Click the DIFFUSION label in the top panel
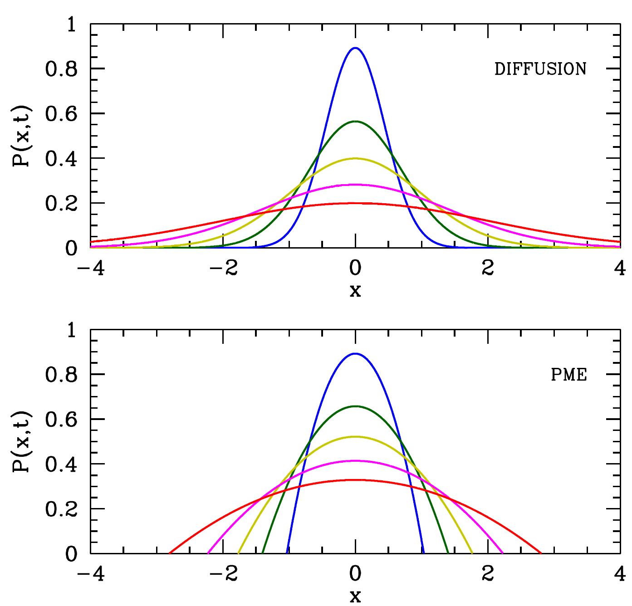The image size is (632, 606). point(540,69)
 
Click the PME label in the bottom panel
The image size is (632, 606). point(569,376)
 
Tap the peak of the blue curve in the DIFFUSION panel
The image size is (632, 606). point(355,48)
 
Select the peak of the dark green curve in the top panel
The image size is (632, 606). point(355,121)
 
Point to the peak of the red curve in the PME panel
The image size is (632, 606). point(355,479)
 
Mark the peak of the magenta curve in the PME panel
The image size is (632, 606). point(355,461)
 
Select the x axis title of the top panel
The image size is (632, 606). point(355,291)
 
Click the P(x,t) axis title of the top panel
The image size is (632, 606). point(21,137)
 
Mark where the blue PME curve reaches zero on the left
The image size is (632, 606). point(287,553)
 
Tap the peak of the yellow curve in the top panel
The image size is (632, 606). point(355,158)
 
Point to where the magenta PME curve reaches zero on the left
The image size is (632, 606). point(208,553)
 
